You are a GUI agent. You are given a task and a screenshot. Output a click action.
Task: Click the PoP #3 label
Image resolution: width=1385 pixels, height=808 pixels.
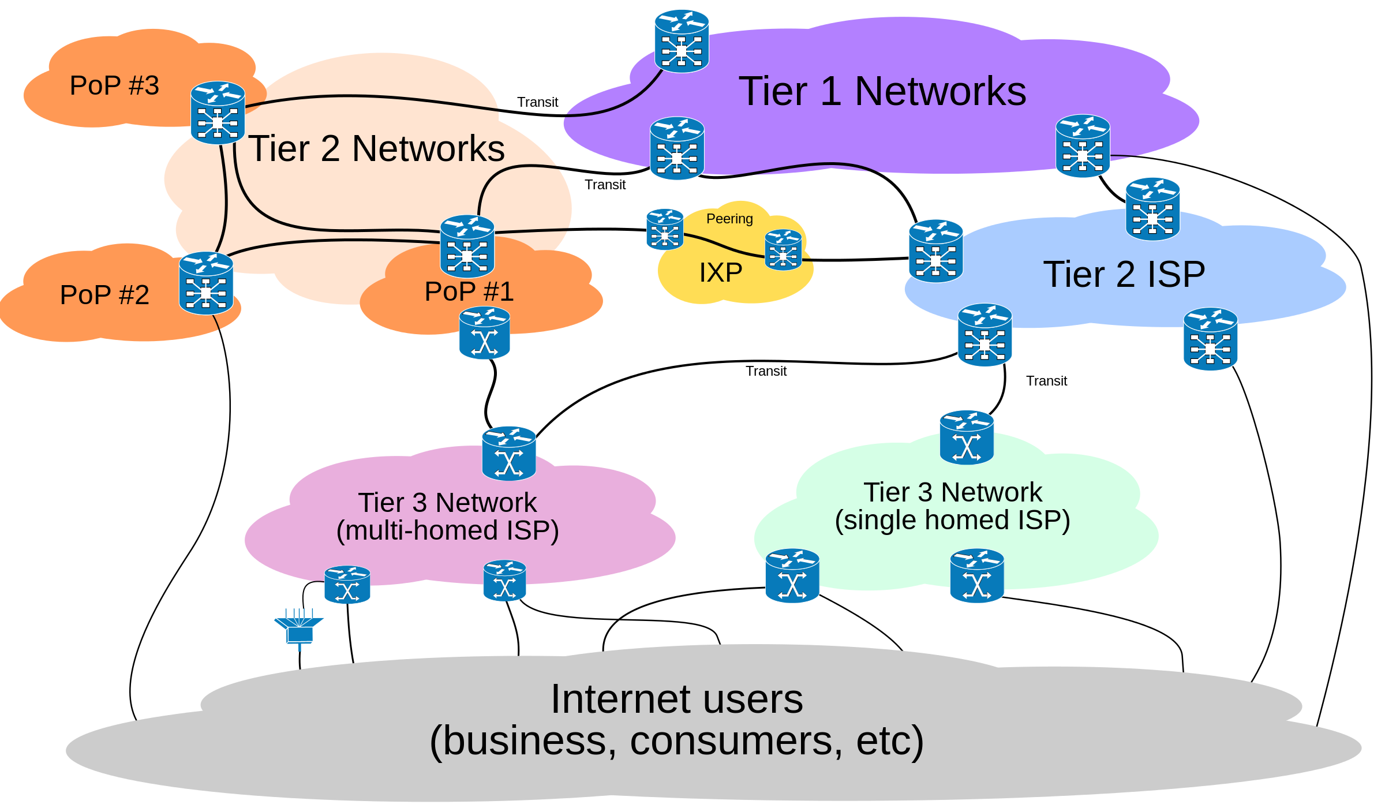pyautogui.click(x=114, y=85)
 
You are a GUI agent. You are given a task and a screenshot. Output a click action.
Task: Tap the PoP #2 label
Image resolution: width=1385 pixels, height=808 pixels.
pyautogui.click(x=104, y=295)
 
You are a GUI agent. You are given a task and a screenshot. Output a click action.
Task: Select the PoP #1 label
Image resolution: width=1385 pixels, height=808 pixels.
pyautogui.click(x=469, y=291)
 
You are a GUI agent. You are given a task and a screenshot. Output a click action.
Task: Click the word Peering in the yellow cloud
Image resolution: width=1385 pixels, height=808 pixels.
pyautogui.click(x=729, y=219)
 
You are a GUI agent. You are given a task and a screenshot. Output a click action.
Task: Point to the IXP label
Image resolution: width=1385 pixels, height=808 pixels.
pyautogui.click(x=721, y=272)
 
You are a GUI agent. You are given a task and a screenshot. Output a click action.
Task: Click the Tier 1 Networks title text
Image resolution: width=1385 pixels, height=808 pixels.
pyautogui.click(x=882, y=91)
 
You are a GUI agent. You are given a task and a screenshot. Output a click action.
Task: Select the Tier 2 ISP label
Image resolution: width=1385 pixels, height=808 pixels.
pyautogui.click(x=1124, y=274)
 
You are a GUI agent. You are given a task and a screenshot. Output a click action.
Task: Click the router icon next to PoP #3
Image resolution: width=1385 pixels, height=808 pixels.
pyautogui.click(x=218, y=113)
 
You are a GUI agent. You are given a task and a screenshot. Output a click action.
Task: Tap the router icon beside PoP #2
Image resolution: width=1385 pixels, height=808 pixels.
pyautogui.click(x=206, y=283)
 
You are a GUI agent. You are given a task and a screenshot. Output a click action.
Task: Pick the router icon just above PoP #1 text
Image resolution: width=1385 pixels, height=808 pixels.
pyautogui.click(x=467, y=246)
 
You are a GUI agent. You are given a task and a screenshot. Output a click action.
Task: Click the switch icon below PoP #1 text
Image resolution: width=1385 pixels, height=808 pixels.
pyautogui.click(x=484, y=333)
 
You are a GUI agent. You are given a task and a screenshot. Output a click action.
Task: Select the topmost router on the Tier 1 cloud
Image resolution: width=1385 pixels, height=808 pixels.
pyautogui.click(x=682, y=41)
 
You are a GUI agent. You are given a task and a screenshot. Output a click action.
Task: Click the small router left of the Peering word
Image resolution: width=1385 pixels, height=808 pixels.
pyautogui.click(x=665, y=229)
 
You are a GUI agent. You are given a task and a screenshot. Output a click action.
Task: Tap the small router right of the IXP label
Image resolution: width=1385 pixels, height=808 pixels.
pyautogui.click(x=783, y=249)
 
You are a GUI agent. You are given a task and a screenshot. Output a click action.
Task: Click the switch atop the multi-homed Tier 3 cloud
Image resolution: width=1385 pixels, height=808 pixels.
pyautogui.click(x=509, y=453)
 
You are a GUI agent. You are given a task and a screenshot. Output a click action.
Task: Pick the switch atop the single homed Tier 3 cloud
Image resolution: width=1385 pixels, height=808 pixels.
pyautogui.click(x=967, y=437)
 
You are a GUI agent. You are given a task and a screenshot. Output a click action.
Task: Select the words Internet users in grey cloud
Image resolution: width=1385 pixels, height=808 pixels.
pyautogui.click(x=676, y=699)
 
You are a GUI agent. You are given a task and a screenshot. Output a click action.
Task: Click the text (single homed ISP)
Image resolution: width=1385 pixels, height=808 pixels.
pyautogui.click(x=952, y=520)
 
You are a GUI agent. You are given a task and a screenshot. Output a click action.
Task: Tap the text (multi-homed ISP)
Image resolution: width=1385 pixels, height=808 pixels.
pyautogui.click(x=447, y=530)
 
